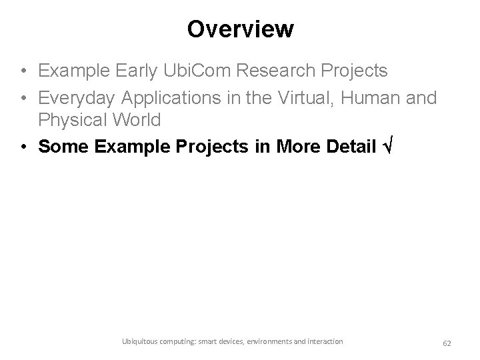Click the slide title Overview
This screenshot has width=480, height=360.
tap(240, 29)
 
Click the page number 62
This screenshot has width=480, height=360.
tap(447, 343)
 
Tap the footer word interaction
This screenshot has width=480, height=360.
tap(325, 341)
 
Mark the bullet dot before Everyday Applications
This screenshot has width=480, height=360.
tap(23, 99)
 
